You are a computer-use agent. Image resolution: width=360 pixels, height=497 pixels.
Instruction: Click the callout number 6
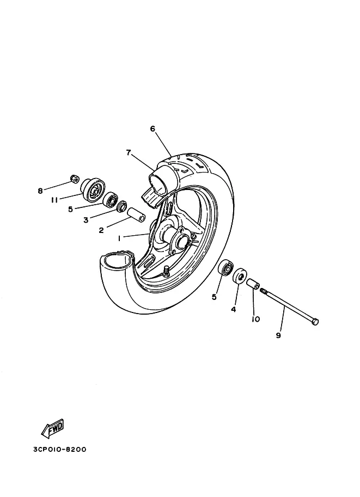[x=152, y=129]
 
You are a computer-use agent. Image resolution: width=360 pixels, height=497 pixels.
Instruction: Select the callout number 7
[x=129, y=153]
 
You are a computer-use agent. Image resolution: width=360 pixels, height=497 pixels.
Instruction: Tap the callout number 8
[x=40, y=191]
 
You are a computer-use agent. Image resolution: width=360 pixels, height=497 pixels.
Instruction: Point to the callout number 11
[x=54, y=200]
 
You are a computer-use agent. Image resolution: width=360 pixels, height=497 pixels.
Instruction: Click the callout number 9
[x=278, y=335]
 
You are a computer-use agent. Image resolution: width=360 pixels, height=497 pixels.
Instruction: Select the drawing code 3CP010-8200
[x=56, y=450]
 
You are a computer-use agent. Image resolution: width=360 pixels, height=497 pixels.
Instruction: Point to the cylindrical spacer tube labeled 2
[x=136, y=213]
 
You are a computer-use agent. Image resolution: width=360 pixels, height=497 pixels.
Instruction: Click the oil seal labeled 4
[x=239, y=277]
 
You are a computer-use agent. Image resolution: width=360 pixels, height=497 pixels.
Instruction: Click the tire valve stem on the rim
[x=166, y=271]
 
